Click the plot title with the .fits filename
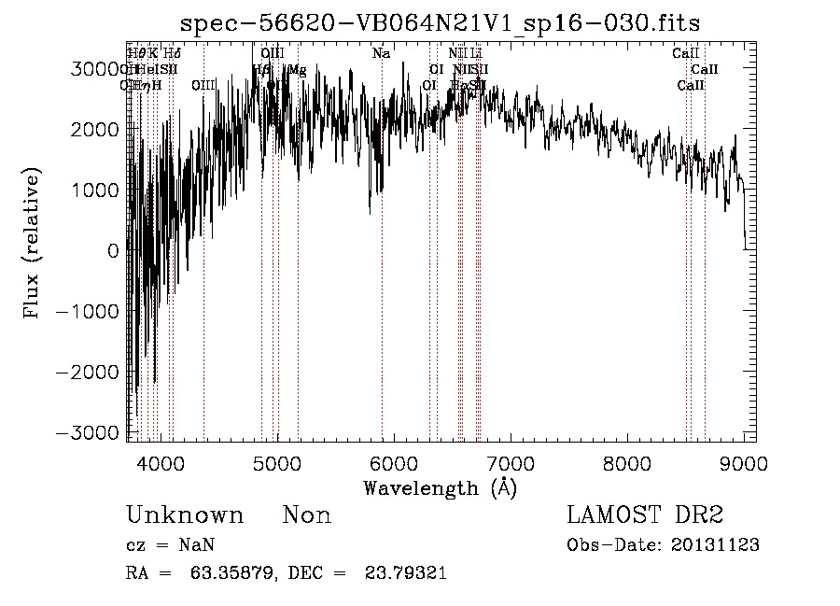440,22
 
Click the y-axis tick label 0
113,251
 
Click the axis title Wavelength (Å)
440,487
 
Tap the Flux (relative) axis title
34,246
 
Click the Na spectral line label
381,54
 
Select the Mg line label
297,70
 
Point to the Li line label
476,54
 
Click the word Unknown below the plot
185,515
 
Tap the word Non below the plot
306,515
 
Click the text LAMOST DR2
645,514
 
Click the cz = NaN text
171,545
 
